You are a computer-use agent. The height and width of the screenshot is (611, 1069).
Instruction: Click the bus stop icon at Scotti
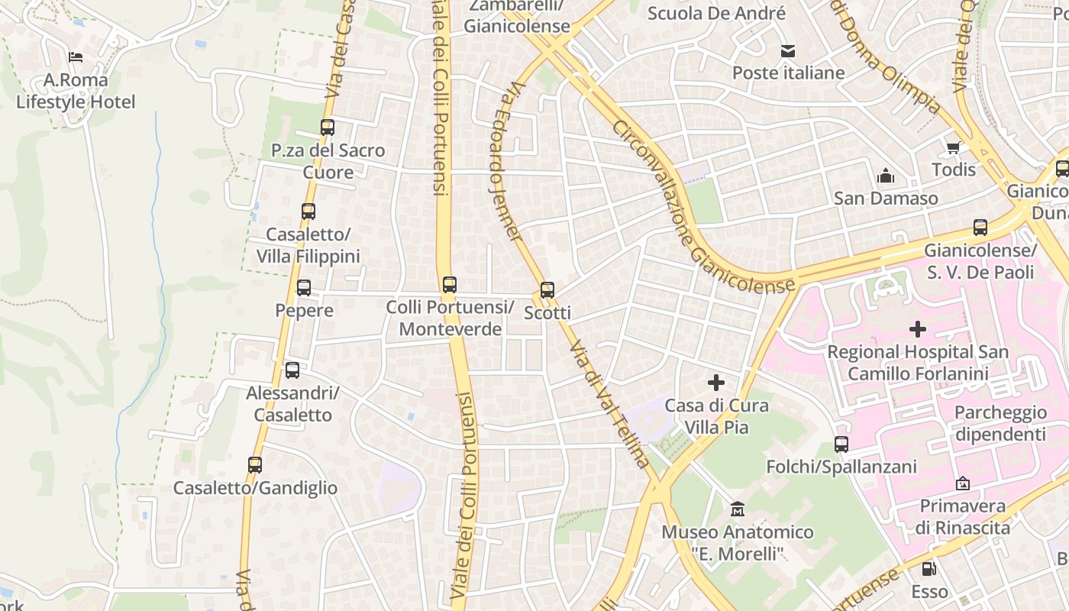tap(547, 290)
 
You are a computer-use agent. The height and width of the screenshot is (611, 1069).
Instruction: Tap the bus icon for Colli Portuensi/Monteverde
tap(450, 285)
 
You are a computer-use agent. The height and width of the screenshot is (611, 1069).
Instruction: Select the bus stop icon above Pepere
tap(304, 288)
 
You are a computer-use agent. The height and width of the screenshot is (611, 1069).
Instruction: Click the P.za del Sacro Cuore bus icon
tap(328, 128)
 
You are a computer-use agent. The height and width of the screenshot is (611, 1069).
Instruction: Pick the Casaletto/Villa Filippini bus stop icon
tap(308, 212)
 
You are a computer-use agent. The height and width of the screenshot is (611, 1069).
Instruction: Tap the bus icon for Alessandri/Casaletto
tap(292, 370)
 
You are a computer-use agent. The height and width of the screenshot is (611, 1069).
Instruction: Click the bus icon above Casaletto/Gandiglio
tap(255, 464)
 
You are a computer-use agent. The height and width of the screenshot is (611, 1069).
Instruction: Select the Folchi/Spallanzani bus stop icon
tap(841, 444)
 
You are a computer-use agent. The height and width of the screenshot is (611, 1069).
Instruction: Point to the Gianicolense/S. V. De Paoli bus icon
tap(980, 227)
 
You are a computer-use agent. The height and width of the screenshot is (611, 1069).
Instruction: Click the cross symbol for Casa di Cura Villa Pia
tap(716, 382)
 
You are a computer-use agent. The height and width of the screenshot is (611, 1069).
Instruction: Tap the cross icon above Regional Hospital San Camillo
tap(918, 329)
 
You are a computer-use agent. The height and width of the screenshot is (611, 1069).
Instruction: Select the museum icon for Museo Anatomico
tap(738, 509)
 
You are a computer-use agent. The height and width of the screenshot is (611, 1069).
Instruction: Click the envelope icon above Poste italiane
tap(788, 51)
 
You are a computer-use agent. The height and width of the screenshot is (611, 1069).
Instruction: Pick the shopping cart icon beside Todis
tap(953, 147)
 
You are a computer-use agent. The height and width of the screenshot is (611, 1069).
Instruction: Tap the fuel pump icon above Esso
tap(929, 568)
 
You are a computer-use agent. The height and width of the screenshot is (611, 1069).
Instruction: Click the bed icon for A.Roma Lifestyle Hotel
tap(76, 57)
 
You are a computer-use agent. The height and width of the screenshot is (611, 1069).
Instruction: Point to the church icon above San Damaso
tap(886, 176)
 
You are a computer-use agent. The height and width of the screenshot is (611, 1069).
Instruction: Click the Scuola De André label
tap(716, 13)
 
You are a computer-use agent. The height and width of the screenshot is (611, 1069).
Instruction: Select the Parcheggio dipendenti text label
tap(1000, 423)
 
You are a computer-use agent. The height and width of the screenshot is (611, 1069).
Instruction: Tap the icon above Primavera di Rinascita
tap(963, 483)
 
